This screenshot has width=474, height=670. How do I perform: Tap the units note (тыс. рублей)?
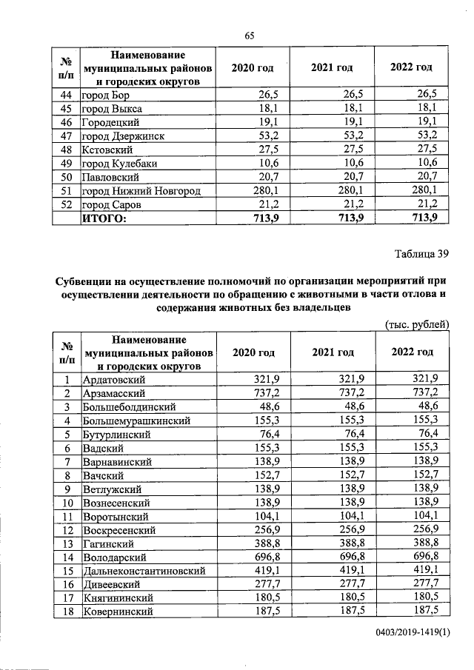point(418,324)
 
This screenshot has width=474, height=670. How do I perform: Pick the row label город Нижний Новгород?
point(141,191)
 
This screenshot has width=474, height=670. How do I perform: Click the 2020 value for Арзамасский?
point(253,392)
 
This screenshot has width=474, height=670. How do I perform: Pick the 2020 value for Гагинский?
point(253,543)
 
